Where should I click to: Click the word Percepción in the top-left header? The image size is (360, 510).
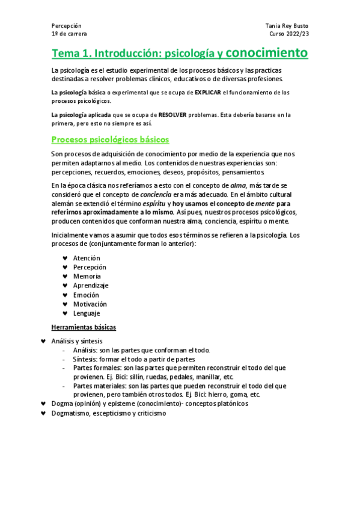[66, 26]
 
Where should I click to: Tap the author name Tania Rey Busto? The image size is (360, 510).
[287, 26]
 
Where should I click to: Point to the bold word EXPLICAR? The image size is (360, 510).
[208, 93]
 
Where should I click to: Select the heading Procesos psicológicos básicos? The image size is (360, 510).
[110, 140]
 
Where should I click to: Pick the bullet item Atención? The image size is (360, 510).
[87, 258]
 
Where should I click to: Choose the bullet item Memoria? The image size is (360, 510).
[87, 276]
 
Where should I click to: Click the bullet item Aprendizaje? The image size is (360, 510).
[91, 286]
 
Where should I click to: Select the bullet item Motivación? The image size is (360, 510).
[90, 304]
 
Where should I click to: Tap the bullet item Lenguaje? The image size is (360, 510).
[87, 313]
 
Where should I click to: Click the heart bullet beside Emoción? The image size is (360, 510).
[65, 295]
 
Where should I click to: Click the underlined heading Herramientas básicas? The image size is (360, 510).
[84, 327]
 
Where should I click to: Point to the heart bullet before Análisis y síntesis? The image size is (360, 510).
[43, 341]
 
